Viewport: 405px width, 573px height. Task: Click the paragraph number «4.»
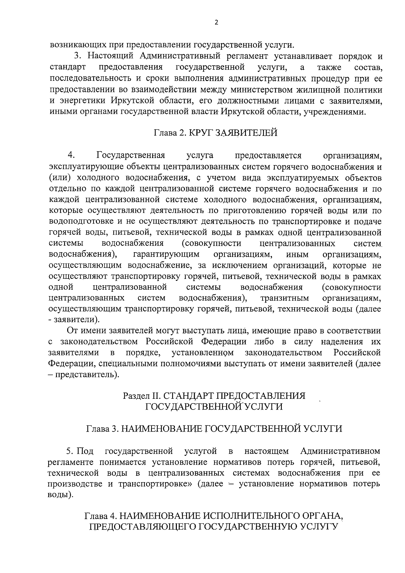(x=71, y=155)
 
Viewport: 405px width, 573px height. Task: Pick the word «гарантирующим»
(x=166, y=254)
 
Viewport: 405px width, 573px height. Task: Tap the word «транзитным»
(x=284, y=298)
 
